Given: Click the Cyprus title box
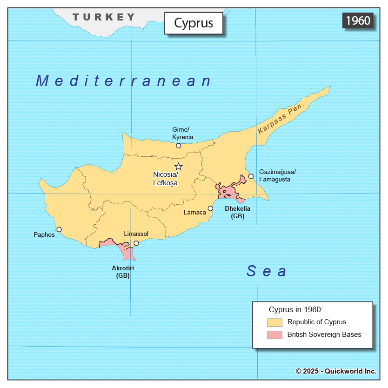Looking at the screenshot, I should [x=193, y=23].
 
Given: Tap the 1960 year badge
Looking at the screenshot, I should [x=358, y=20].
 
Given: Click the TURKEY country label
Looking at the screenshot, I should [x=103, y=17].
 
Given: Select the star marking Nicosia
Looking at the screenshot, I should [x=179, y=167].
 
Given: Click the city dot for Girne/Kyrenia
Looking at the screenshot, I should [x=178, y=146].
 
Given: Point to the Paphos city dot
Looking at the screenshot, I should [x=59, y=229].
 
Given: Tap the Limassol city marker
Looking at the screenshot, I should [x=136, y=243].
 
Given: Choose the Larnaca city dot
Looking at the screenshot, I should [x=210, y=208].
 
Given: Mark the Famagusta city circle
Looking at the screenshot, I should [x=251, y=176].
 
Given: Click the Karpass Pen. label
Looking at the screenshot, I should [x=281, y=119].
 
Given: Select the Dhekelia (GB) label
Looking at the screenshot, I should [x=237, y=212].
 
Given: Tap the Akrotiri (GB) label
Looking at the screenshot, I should [x=123, y=272].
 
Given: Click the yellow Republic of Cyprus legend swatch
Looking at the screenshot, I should [x=274, y=322].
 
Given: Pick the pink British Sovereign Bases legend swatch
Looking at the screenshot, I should [x=274, y=334].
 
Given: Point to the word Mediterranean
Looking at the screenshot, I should [x=124, y=81].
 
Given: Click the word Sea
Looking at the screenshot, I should [x=266, y=271].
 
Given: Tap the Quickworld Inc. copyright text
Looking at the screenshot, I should [x=336, y=371].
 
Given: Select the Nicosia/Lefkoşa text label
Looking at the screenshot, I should [x=165, y=178].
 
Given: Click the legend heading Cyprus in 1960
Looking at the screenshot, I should [x=295, y=309].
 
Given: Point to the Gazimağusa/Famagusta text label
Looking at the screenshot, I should [x=277, y=175].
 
